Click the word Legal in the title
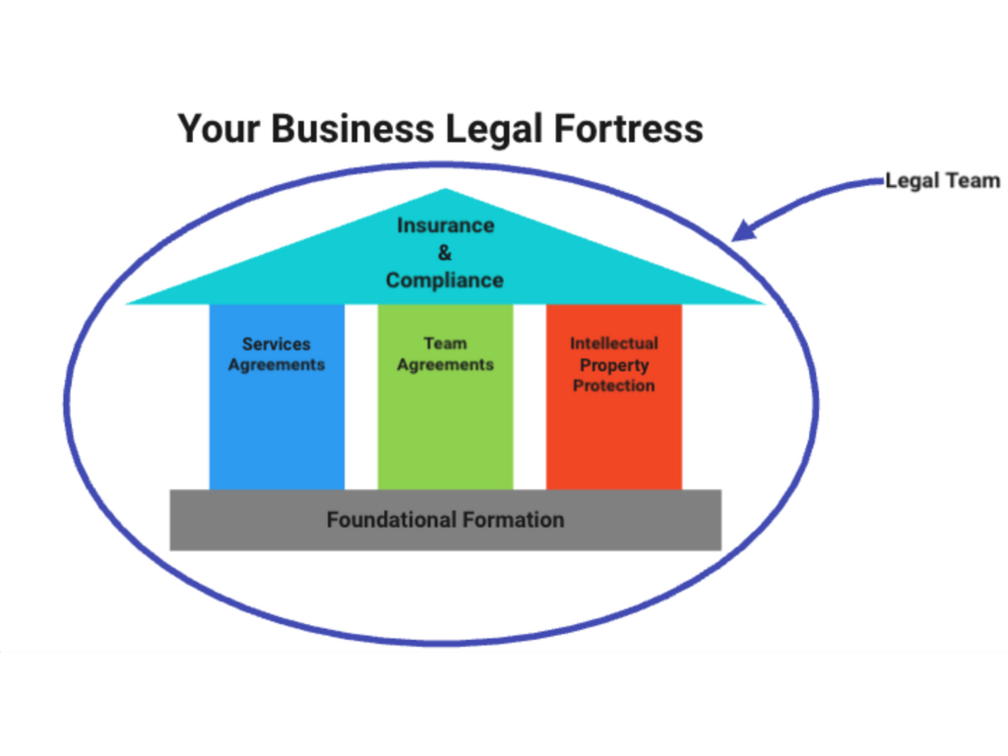(497, 129)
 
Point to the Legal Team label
(942, 180)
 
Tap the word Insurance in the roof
(445, 225)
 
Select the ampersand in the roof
(445, 253)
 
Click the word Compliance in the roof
(445, 281)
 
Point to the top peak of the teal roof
(446, 190)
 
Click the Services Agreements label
(277, 354)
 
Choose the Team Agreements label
(445, 354)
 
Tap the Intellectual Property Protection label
(613, 364)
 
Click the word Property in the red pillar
(613, 365)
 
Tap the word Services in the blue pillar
(277, 345)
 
